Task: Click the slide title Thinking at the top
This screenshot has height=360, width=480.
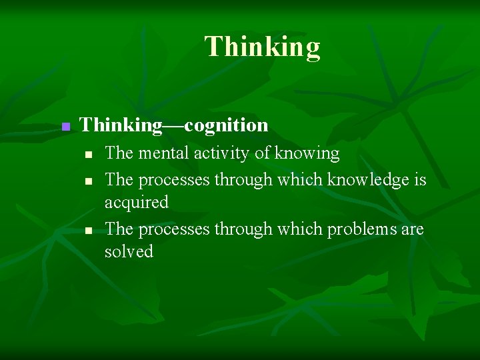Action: pyautogui.click(x=262, y=47)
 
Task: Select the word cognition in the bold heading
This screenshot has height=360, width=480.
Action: pyautogui.click(x=226, y=125)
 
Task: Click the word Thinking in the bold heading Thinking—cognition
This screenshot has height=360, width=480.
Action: pyautogui.click(x=120, y=125)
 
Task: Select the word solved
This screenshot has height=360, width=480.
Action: pyautogui.click(x=129, y=252)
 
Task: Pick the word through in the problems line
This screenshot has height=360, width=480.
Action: pyautogui.click(x=243, y=229)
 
